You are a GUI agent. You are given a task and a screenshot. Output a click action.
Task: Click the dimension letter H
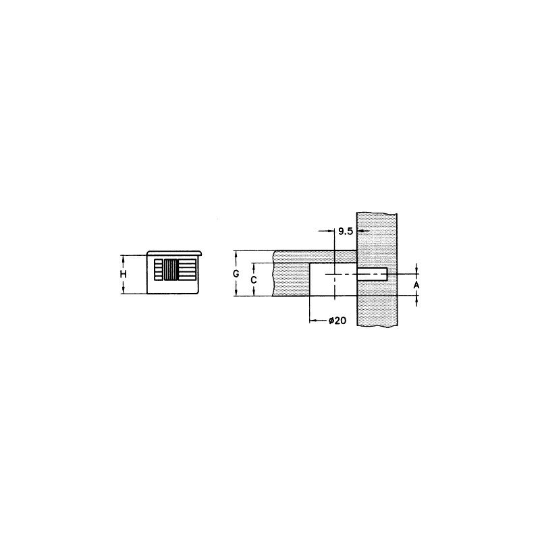click(123, 275)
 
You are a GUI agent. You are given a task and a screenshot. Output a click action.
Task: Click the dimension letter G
click(236, 274)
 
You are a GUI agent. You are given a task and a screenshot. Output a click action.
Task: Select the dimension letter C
click(254, 280)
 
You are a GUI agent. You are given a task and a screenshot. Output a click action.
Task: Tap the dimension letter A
click(416, 285)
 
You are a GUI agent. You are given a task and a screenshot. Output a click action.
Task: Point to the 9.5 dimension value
click(346, 232)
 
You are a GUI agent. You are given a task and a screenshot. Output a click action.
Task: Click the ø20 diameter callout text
click(337, 321)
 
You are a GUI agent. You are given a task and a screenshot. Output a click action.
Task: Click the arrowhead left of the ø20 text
click(313, 321)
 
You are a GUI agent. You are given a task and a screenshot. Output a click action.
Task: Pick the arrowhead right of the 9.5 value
click(360, 231)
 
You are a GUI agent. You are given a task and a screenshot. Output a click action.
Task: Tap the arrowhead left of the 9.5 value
click(331, 231)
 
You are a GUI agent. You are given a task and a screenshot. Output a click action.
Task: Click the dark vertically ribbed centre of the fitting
click(171, 269)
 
